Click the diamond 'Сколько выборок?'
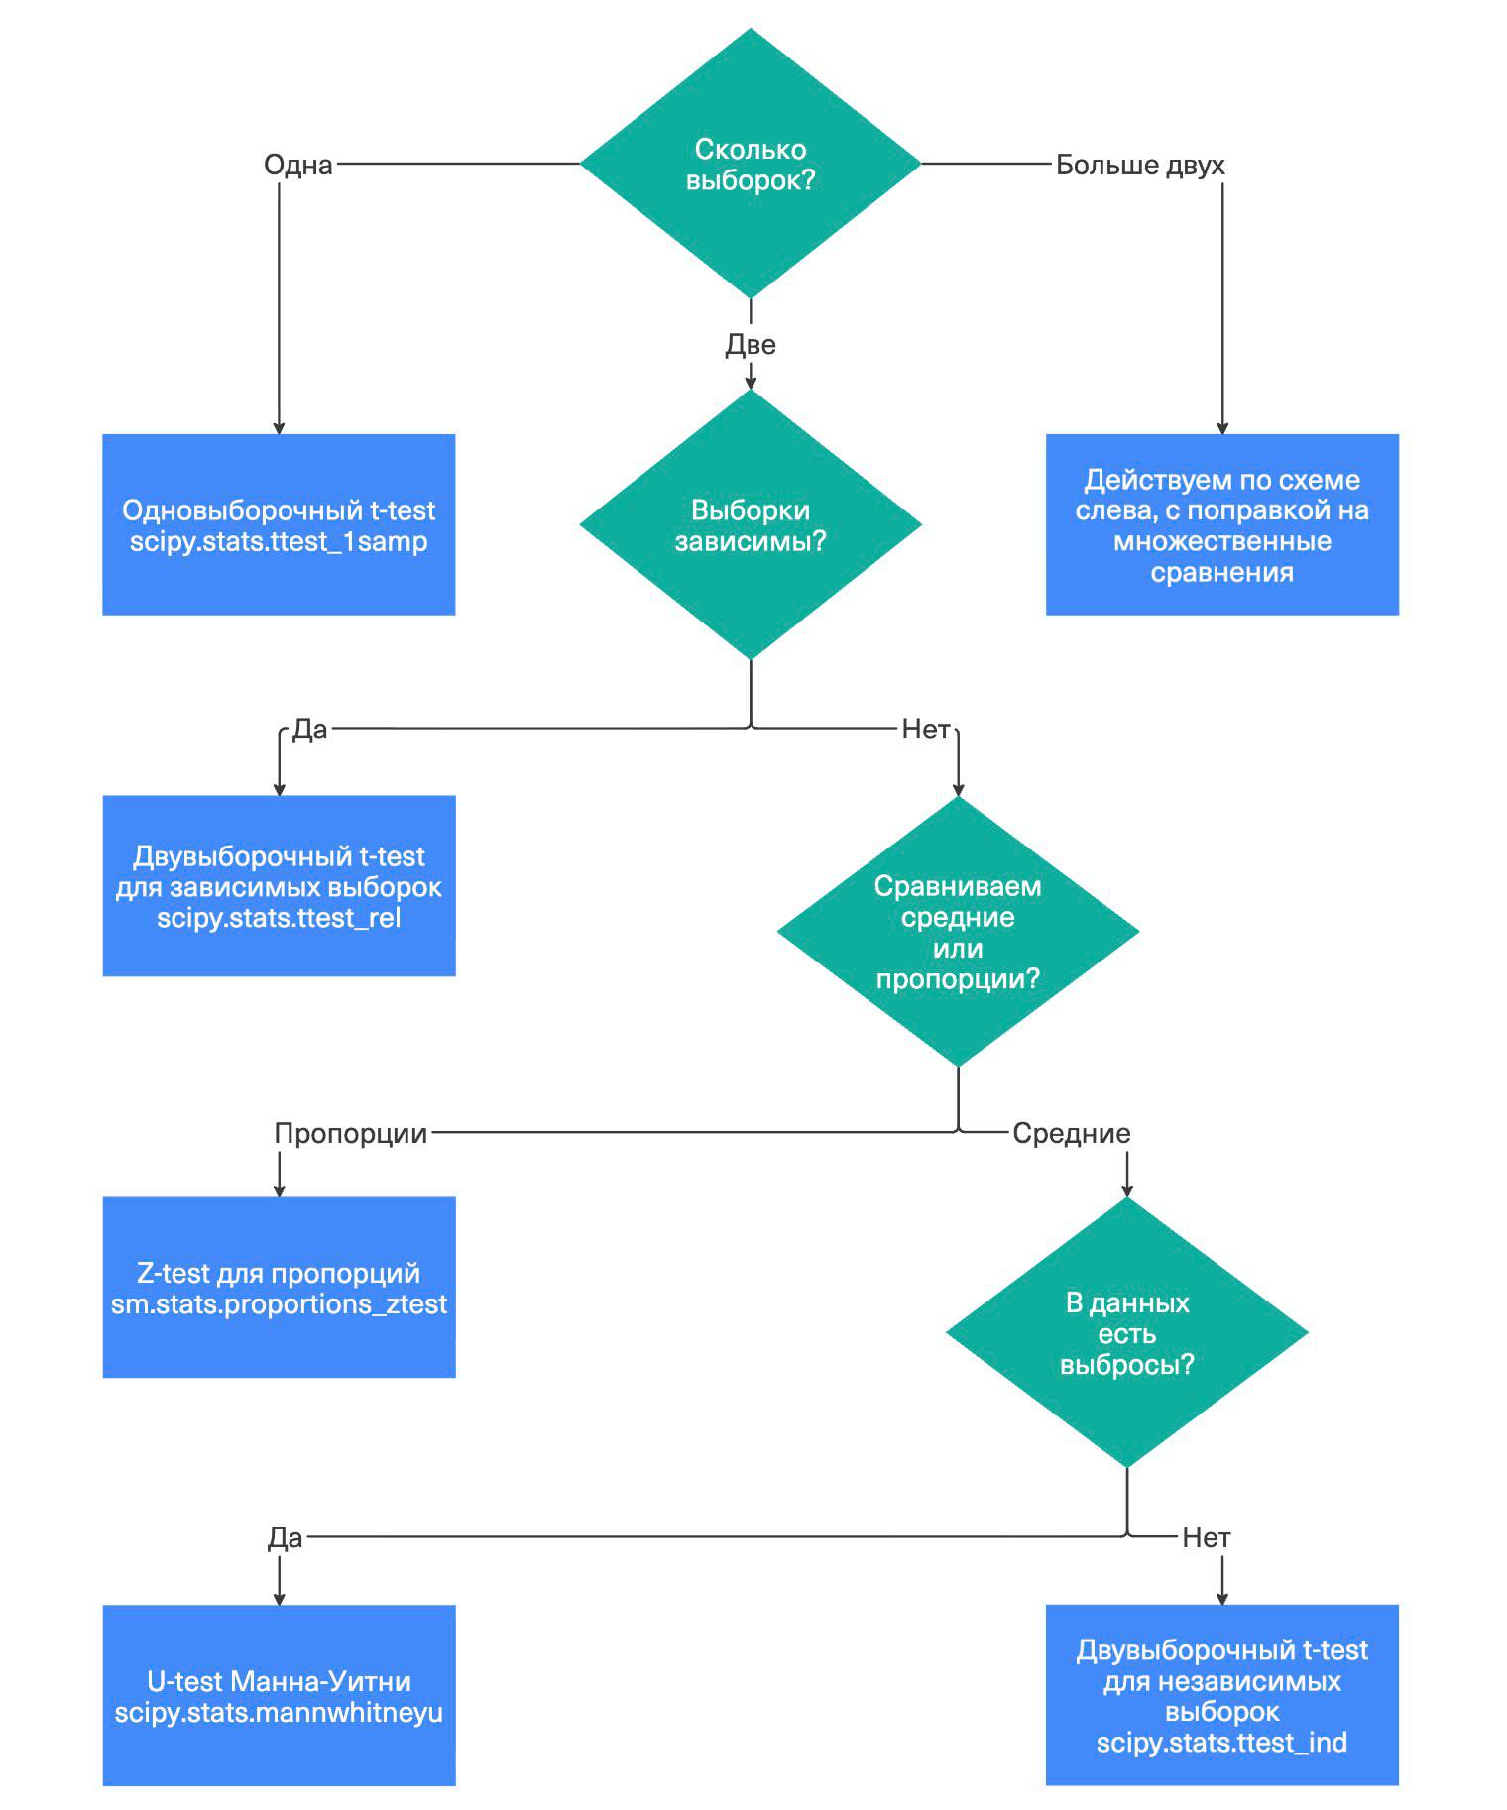751,164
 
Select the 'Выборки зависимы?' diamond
751,524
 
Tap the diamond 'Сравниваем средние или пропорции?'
958,932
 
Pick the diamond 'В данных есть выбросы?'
1127,1333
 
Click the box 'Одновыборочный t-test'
279,524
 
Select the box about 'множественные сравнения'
1222,524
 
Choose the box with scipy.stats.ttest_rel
279,886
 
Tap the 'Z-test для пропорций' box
279,1288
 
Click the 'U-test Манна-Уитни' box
279,1696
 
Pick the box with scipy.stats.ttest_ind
1222,1696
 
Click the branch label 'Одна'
298,165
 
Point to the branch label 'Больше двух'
1140,165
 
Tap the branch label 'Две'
751,345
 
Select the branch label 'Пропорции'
351,1134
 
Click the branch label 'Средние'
1072,1134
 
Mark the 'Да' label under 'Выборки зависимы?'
309,730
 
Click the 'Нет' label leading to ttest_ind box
1207,1538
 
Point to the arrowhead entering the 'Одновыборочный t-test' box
279,428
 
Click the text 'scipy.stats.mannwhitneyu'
279,1713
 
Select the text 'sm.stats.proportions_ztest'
279,1304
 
